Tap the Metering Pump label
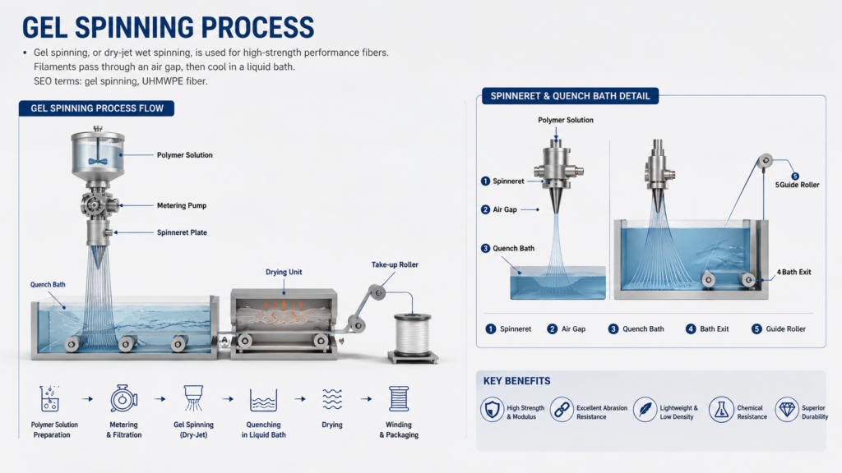coord(182,205)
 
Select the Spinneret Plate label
coord(182,232)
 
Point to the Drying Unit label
coord(284,272)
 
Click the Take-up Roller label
coord(395,264)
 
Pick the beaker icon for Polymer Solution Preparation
coord(49,398)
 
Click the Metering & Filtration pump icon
coord(123,398)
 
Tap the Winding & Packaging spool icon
coord(399,398)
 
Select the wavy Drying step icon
coord(332,399)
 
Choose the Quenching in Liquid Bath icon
coord(263,400)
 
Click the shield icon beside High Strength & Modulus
coord(492,410)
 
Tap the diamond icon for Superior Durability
coord(787,410)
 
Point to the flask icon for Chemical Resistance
coord(720,410)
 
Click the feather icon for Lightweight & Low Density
coord(645,410)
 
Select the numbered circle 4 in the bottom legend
coord(691,328)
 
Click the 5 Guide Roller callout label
coord(798,185)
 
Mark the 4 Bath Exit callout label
coord(793,272)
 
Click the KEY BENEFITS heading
coord(516,381)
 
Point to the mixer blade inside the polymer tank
coord(98,161)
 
